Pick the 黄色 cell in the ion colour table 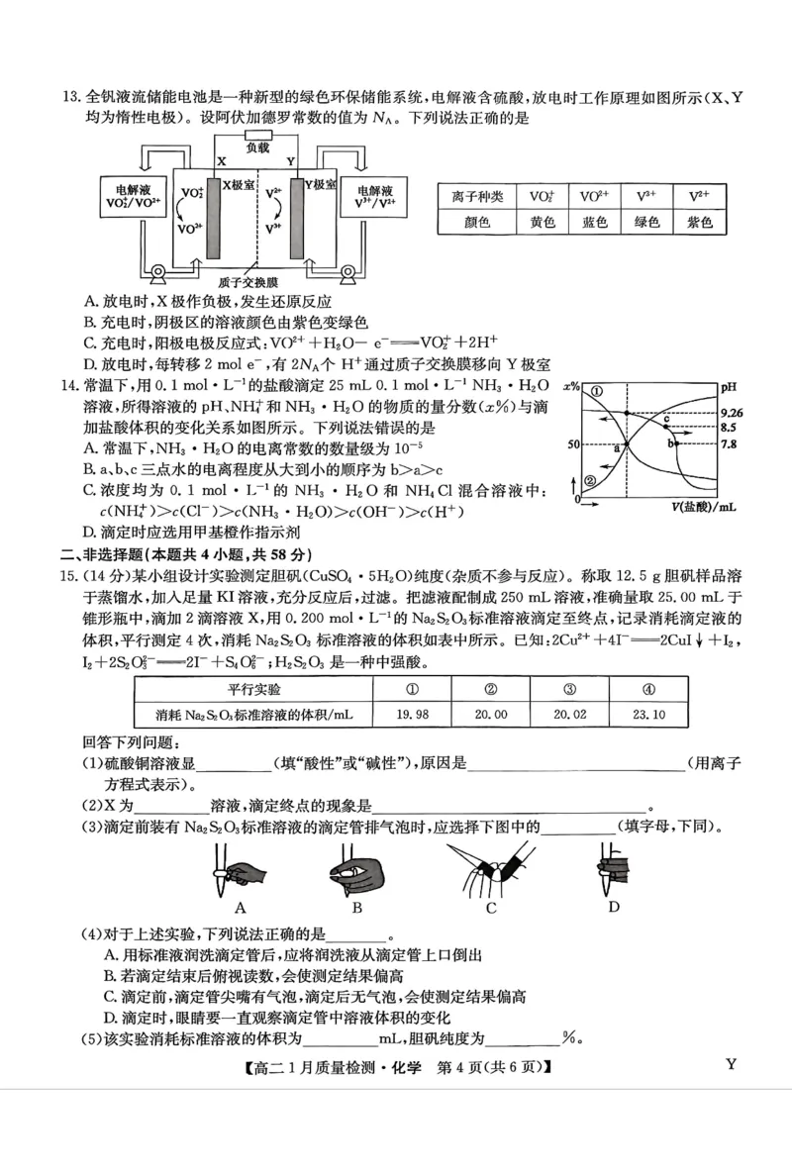(542, 223)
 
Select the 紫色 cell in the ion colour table (699, 223)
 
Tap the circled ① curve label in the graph (596, 392)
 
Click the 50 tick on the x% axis (572, 445)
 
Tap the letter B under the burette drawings (357, 907)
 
